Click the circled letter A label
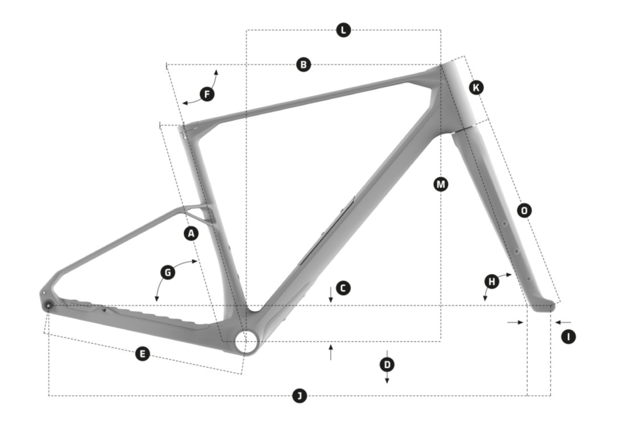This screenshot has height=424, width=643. [191, 233]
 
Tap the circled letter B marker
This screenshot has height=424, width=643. [303, 65]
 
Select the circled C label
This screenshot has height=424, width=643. [343, 288]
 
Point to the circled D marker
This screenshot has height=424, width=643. [387, 365]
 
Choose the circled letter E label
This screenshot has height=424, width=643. [142, 353]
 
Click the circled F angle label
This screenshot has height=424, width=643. [207, 95]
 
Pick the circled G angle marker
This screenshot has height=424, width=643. [168, 272]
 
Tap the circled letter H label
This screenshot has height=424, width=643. [491, 281]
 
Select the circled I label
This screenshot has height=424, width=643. [568, 337]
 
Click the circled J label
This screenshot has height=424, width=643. [300, 396]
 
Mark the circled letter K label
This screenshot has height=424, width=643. [476, 87]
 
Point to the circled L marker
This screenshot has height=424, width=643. [343, 30]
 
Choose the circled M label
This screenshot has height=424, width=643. [440, 184]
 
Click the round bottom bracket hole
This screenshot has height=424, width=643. [246, 340]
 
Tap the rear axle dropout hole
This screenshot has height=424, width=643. [49, 305]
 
